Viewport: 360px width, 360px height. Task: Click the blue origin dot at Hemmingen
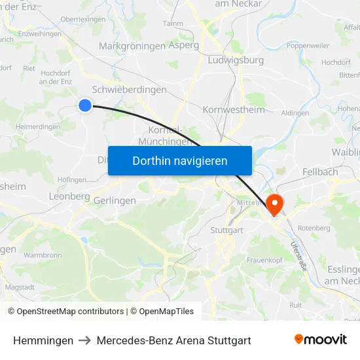(85, 105)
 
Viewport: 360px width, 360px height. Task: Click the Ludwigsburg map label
(235, 60)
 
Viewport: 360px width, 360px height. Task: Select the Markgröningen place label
(132, 46)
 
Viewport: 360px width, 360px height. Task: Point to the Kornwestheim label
(234, 109)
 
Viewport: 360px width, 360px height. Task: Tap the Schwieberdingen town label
(130, 89)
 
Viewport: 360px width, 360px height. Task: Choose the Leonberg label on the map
(69, 196)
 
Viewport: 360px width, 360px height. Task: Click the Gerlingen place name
(115, 200)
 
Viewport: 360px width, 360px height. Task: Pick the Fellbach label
(320, 171)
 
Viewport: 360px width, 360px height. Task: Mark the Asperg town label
(184, 46)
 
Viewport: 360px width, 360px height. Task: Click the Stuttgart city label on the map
(227, 230)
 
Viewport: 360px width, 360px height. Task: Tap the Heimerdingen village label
(37, 126)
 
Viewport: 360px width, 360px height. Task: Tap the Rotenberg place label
(314, 228)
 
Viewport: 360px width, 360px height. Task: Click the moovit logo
(321, 340)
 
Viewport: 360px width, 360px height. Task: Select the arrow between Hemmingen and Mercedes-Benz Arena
(85, 341)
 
